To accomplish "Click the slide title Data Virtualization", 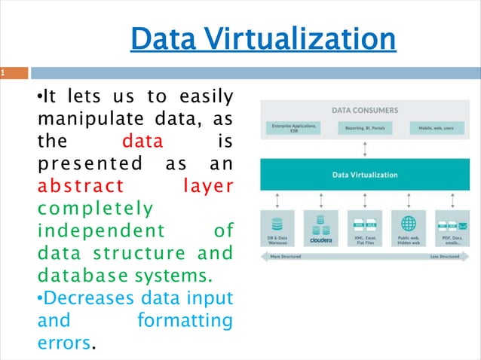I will point(263,39).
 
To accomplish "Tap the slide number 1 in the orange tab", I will point(4,74).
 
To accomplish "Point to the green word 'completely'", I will point(94,207).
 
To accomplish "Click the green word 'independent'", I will point(94,229).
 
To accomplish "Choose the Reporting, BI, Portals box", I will point(365,128).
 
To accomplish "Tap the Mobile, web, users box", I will point(437,128).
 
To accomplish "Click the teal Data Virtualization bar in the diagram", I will point(365,174).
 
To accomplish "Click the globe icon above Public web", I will point(408,224).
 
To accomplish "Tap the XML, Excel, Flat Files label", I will point(365,241).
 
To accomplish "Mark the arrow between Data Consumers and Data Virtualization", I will point(365,150).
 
